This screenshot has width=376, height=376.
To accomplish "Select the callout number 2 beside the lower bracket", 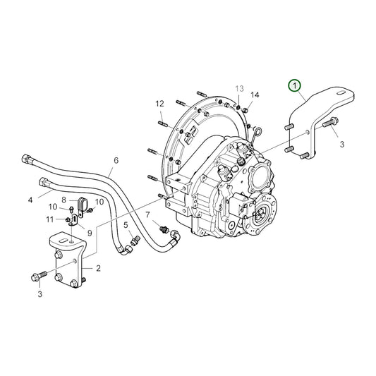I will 98,267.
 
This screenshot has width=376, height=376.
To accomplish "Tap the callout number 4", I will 30,200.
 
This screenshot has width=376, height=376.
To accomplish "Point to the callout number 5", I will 126,225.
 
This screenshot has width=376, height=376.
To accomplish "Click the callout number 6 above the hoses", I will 116,160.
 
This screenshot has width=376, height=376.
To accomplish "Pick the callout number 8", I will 64,200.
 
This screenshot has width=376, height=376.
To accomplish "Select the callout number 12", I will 159,104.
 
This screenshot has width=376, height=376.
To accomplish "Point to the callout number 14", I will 255,95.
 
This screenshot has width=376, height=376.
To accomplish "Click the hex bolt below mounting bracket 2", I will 40,274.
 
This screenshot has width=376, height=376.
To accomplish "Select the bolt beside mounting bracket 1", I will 330,125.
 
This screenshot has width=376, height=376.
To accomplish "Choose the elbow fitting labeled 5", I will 133,243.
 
